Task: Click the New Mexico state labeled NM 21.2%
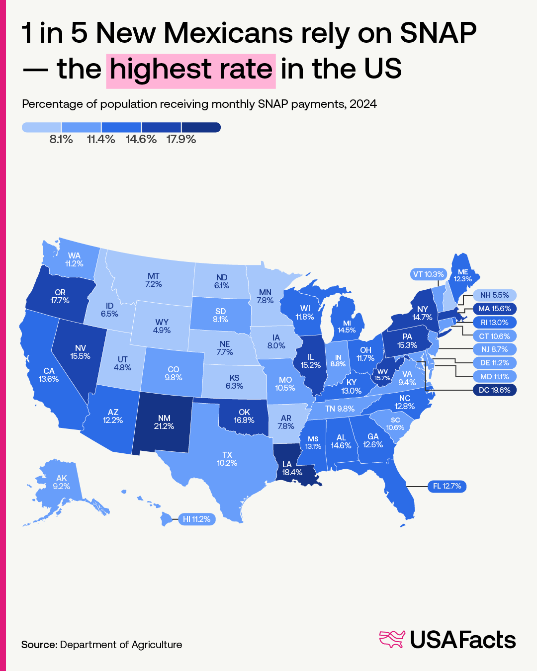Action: (164, 422)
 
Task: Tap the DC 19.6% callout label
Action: (494, 390)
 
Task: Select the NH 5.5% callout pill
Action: (494, 295)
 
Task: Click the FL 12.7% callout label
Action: (447, 486)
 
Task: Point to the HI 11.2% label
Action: (196, 519)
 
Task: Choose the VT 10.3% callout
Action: (428, 274)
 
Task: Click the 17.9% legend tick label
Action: (181, 139)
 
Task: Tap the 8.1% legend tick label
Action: (61, 139)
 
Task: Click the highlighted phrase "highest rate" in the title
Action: (191, 69)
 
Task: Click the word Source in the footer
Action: (38, 645)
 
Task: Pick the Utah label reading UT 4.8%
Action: (122, 363)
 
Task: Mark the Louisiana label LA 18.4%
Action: (292, 468)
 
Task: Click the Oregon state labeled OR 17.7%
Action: (60, 297)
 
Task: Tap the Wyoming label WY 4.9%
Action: (162, 326)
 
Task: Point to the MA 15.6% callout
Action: (494, 309)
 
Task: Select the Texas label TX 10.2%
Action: (227, 459)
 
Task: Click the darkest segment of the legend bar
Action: (201, 128)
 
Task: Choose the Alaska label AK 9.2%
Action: (61, 482)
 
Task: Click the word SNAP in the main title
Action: (438, 33)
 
